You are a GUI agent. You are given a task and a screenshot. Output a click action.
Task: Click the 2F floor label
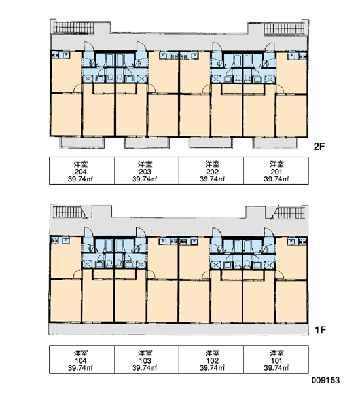[x=319, y=147]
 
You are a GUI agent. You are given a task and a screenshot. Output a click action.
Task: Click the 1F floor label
[x=320, y=330]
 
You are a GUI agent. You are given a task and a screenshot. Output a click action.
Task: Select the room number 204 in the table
[x=81, y=172]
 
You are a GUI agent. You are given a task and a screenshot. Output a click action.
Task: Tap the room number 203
[x=145, y=172]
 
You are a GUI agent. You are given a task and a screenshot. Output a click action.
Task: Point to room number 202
[x=212, y=172]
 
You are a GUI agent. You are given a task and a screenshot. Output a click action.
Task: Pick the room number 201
[x=276, y=172]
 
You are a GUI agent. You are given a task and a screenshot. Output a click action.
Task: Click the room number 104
[x=81, y=361]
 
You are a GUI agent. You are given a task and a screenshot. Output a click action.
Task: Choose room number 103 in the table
[x=145, y=361]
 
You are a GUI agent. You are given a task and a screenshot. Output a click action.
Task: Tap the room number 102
[x=212, y=361]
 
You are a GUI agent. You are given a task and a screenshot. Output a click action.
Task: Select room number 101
[x=276, y=361]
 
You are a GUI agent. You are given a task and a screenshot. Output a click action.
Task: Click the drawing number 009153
[x=326, y=380]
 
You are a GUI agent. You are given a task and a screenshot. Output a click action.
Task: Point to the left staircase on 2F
[x=73, y=28]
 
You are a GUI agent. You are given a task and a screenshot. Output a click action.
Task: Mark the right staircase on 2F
[x=284, y=28]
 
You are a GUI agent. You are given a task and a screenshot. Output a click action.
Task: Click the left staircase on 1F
[x=68, y=212]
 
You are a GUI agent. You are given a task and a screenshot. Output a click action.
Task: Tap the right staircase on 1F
[x=289, y=212]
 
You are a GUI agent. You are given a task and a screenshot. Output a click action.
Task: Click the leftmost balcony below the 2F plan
[x=82, y=142]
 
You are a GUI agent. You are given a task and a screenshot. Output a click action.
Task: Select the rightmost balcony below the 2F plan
[x=275, y=143]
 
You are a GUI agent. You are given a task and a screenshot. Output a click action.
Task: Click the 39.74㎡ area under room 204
[x=81, y=179]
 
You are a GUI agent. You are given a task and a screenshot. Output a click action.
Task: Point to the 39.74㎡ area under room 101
[x=276, y=368]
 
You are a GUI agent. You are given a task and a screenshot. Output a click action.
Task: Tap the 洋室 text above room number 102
[x=212, y=354]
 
